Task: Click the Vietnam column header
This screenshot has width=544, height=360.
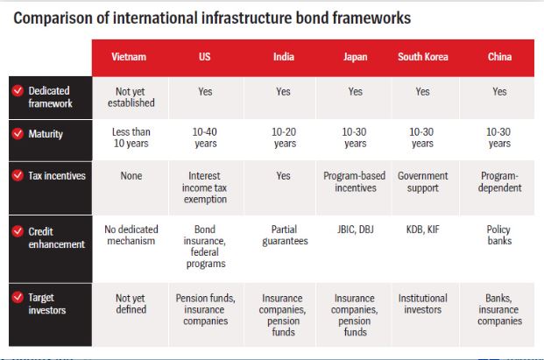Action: [x=129, y=57]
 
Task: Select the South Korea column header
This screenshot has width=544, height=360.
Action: [x=423, y=57]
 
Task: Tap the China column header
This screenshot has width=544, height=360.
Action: [x=499, y=57]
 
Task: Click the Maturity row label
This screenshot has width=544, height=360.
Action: [x=46, y=134]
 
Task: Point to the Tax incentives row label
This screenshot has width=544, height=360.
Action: [x=57, y=176]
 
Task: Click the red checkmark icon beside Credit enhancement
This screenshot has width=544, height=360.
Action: [x=18, y=231]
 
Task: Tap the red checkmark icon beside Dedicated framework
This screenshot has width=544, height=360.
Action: [x=18, y=90]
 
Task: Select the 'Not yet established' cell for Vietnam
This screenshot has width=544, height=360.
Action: [x=131, y=97]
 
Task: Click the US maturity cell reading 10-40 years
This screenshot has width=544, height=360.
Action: [x=205, y=138]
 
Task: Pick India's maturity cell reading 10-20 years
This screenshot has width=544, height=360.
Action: [x=284, y=138]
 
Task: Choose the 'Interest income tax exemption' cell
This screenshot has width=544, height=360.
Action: [x=205, y=187]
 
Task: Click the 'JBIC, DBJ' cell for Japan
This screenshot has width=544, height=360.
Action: [x=356, y=229]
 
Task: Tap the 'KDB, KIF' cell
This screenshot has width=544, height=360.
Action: [x=422, y=229]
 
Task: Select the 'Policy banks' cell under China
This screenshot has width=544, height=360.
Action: [x=499, y=235]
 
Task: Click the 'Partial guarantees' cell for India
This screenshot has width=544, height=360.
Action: [x=285, y=235]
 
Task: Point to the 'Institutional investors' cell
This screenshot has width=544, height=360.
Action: [x=422, y=304]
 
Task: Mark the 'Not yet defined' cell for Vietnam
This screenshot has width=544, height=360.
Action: [x=131, y=304]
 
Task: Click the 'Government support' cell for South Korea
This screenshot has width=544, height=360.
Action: [x=422, y=181]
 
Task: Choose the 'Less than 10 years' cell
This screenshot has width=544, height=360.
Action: [x=131, y=138]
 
